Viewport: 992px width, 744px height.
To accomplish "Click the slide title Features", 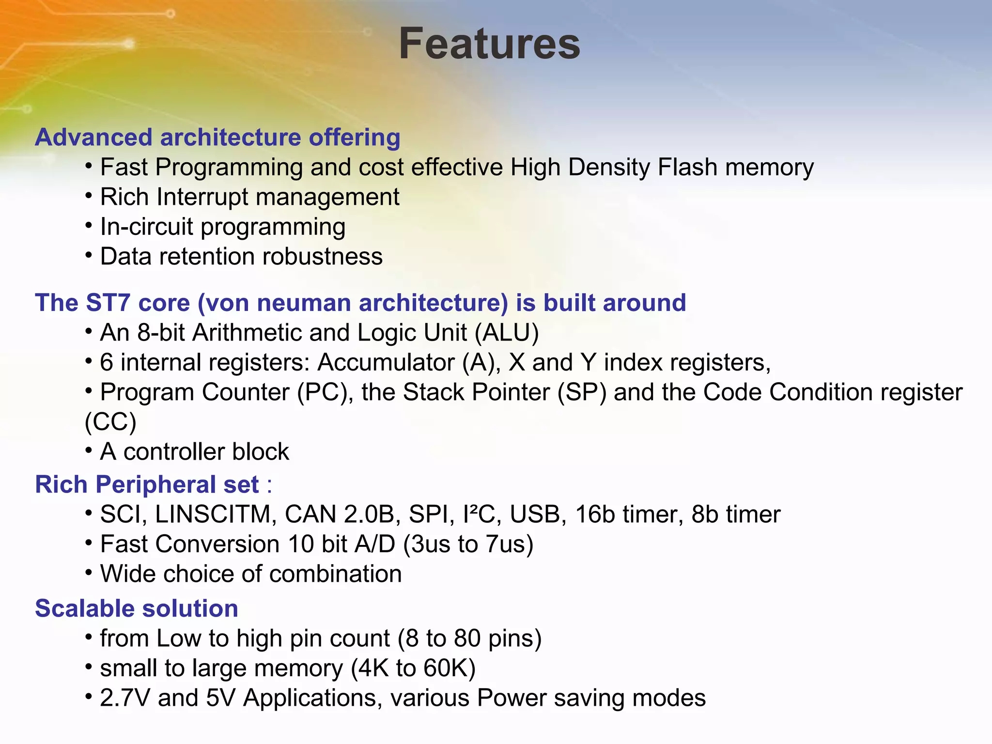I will pyautogui.click(x=489, y=44).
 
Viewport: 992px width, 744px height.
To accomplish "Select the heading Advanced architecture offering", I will pyautogui.click(x=217, y=138).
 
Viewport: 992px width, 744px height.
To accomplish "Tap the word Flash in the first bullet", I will pyautogui.click(x=687, y=168).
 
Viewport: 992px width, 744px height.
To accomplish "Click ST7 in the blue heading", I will pyautogui.click(x=108, y=303).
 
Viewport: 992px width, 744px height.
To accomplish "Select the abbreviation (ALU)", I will pyautogui.click(x=507, y=333).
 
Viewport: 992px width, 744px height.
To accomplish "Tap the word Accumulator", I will pyautogui.click(x=386, y=363).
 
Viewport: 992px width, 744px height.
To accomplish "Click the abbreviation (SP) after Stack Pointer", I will pyautogui.click(x=582, y=392).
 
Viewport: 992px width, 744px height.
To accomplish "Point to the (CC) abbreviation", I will pyautogui.click(x=110, y=422).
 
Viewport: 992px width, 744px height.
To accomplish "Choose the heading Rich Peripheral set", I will pyautogui.click(x=147, y=485).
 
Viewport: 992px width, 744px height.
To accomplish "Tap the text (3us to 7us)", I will pyautogui.click(x=468, y=544).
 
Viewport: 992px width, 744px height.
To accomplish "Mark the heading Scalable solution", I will pyautogui.click(x=137, y=609).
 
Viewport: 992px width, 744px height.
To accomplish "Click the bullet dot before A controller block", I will pyautogui.click(x=89, y=451).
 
